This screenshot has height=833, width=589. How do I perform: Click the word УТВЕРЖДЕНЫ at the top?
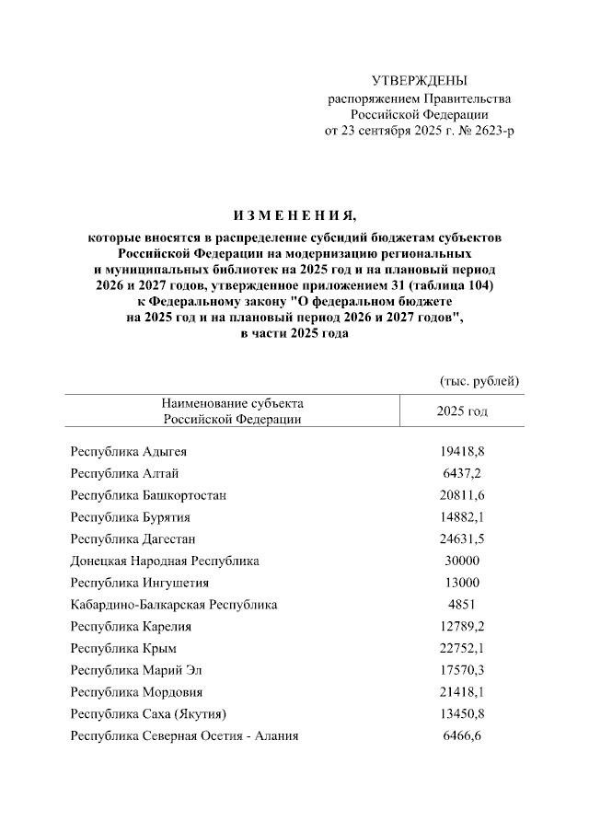coord(419,82)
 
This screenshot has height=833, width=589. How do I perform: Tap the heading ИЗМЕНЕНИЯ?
coord(294,216)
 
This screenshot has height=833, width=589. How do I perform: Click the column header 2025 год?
coord(462,411)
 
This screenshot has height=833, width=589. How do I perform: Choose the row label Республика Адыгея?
coord(129,453)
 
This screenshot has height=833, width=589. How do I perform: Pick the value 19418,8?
coord(462,453)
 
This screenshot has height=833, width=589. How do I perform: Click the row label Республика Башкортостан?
coord(148,496)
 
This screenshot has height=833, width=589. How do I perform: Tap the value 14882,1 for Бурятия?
coord(462,517)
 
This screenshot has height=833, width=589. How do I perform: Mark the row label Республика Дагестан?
coord(133,539)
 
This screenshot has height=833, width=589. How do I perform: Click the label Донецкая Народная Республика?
coord(165,561)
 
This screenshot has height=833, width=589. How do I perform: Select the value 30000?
coord(462,561)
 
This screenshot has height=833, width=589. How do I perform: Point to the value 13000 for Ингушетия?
coord(462,583)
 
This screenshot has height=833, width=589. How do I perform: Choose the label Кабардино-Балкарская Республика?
coord(174,605)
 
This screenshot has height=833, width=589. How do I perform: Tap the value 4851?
coord(462,605)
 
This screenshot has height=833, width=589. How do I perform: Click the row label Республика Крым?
coord(123,649)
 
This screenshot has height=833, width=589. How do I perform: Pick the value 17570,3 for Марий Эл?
coord(462,670)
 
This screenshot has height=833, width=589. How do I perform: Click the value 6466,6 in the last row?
coord(462,736)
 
